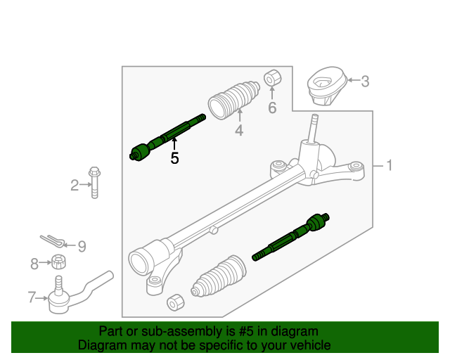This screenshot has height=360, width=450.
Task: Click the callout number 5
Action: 174,159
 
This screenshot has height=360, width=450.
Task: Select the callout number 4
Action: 239,130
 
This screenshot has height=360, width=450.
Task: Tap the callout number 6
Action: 272,108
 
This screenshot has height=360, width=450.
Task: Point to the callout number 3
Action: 364,82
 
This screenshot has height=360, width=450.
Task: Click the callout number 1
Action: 388,166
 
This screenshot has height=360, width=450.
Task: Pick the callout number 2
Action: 75,186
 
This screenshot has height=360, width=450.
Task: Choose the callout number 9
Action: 82,246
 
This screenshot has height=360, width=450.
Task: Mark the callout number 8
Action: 34,264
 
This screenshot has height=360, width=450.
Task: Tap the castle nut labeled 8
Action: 59,263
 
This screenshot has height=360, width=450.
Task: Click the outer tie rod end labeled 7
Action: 70,294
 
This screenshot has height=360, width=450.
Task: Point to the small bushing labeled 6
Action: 272,78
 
